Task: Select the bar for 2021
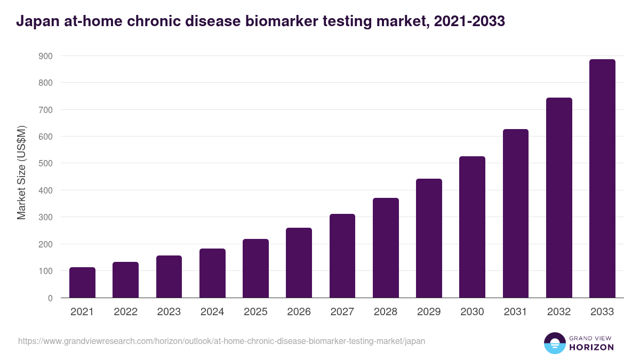click(x=82, y=283)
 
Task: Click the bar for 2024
click(x=212, y=273)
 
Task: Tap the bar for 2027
click(x=342, y=256)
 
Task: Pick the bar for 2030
click(x=472, y=227)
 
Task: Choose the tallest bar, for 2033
click(x=602, y=179)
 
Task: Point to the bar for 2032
click(x=559, y=198)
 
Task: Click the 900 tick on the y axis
click(x=46, y=56)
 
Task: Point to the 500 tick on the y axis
click(x=46, y=163)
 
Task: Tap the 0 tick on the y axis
click(x=50, y=298)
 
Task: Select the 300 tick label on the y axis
click(x=46, y=217)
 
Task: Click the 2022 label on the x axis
click(x=125, y=312)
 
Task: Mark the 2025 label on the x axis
click(x=255, y=312)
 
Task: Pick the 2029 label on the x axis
click(x=429, y=312)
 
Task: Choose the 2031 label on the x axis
click(x=516, y=312)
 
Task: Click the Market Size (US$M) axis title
click(x=21, y=173)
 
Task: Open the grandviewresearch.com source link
click(x=221, y=341)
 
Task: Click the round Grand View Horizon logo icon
click(x=555, y=343)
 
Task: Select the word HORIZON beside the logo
click(x=591, y=347)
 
